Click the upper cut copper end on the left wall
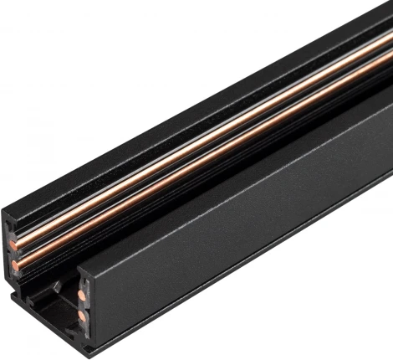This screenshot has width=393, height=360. point(15,245)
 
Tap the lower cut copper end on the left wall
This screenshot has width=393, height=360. point(16,265)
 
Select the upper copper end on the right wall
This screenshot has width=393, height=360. point(81,296)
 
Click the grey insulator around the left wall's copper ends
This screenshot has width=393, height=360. point(13,255)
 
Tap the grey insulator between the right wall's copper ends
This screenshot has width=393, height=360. point(82,306)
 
